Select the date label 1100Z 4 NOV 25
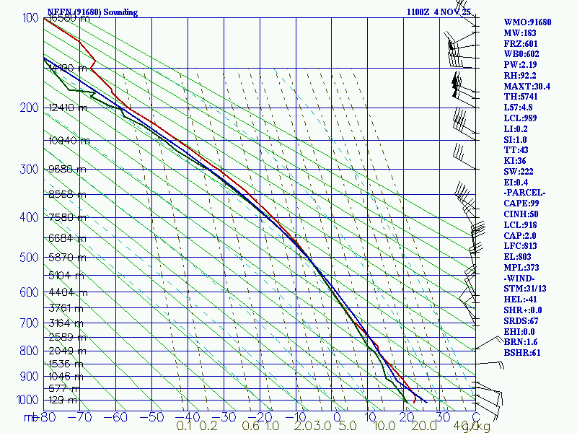tap(439, 12)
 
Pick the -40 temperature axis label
tap(188, 416)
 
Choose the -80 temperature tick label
tap(48, 416)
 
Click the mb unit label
tap(30, 416)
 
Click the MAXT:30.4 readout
tap(527, 86)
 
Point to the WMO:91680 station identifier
tap(527, 22)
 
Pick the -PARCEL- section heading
tap(525, 193)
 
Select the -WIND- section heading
tap(521, 278)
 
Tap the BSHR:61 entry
tap(522, 352)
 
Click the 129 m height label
tap(69, 400)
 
